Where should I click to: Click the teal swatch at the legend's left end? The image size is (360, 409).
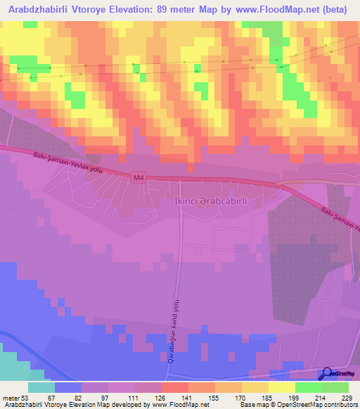(x=41, y=387)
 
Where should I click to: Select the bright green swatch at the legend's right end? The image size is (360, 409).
(x=335, y=387)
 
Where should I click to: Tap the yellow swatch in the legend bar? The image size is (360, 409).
(x=281, y=387)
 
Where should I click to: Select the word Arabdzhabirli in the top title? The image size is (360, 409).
(x=39, y=11)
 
